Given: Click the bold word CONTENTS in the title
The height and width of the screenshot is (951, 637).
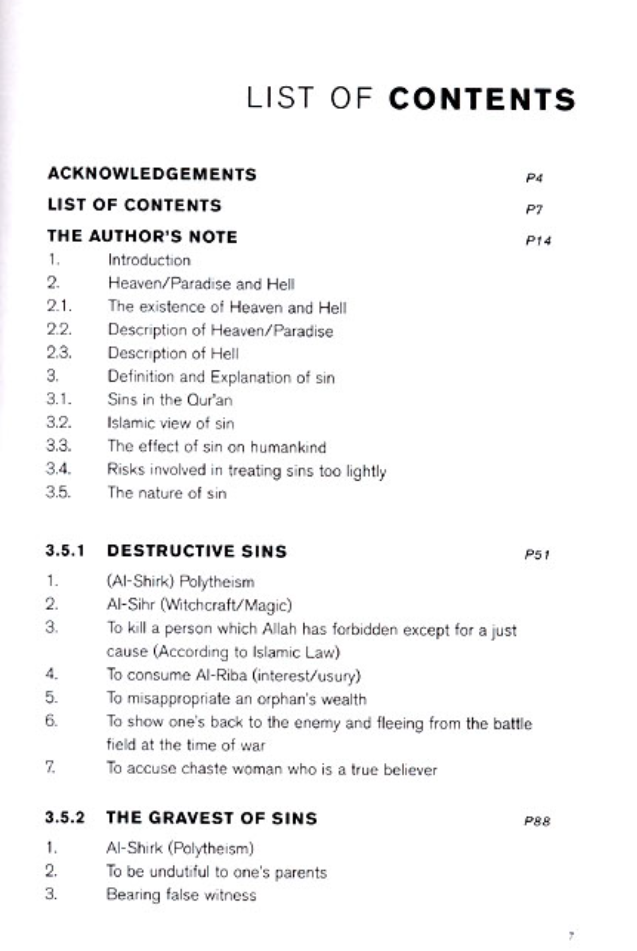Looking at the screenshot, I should [482, 99].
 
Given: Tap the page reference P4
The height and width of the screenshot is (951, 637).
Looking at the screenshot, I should [534, 178].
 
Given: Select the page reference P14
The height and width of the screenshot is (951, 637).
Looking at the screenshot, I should [538, 241].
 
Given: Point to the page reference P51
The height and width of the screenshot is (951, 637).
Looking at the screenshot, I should [537, 554].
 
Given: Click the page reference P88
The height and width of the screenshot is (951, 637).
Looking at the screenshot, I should [537, 821].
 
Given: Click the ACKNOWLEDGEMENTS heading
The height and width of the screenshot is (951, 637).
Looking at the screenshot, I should [152, 174].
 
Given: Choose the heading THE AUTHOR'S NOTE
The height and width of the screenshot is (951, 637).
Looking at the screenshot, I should [142, 237].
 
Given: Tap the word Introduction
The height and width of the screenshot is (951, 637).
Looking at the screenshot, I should [149, 260].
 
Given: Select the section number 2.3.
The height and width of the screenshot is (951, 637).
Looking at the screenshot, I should [59, 353].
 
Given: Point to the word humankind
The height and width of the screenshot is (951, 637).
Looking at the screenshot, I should [288, 447].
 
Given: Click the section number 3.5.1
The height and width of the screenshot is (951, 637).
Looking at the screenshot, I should [65, 551].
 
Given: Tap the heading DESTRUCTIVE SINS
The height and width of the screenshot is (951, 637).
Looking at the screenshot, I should [197, 551].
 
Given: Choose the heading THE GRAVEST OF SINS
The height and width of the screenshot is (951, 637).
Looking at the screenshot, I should [212, 818].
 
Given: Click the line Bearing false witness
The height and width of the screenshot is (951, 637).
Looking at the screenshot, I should [181, 895].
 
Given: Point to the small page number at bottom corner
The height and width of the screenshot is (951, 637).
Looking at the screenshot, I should [571, 936].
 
